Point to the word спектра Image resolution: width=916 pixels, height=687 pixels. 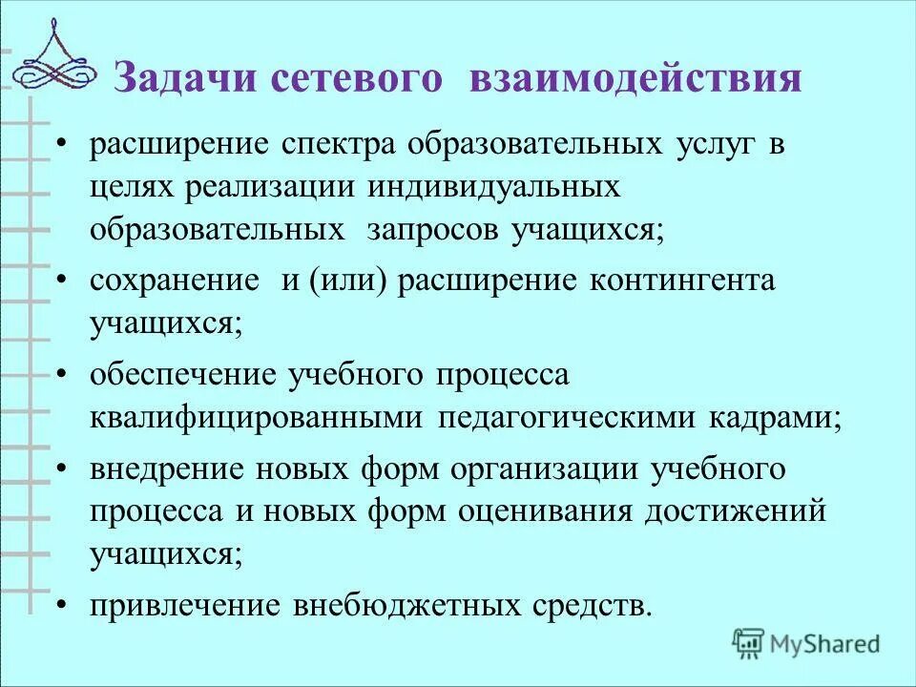point(339,145)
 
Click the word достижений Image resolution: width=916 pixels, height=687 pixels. point(735,510)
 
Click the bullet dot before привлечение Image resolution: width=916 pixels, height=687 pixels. point(63,604)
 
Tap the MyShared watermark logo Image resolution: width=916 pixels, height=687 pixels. point(806,643)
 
